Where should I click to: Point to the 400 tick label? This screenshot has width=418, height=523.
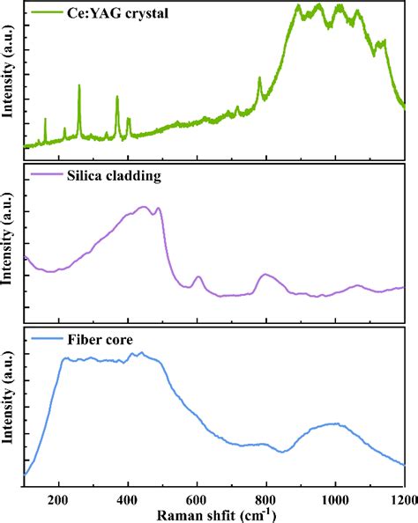128,497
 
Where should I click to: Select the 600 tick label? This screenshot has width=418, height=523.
197,497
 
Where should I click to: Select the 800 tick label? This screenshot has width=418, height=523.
266,497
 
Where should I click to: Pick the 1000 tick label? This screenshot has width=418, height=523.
335,497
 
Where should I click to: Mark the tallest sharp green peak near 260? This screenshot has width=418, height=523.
79,86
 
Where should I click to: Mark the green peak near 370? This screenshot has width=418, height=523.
117,98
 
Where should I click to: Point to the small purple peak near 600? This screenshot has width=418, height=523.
198,277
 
